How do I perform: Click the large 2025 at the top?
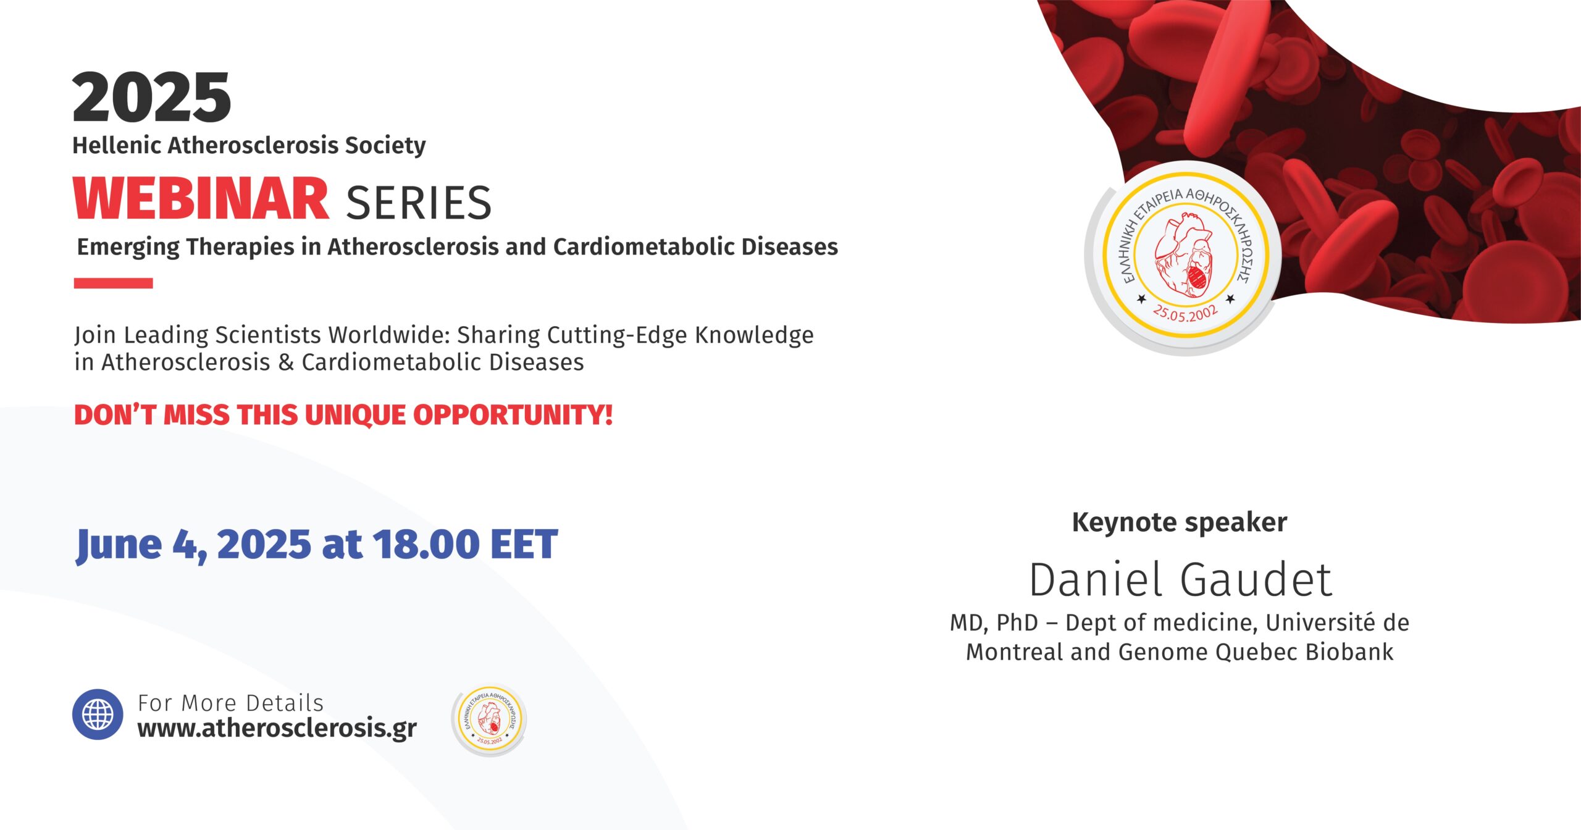152,97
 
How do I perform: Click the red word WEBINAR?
201,198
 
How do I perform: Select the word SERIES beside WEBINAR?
419,203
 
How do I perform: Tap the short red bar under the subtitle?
114,283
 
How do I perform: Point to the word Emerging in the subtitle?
128,247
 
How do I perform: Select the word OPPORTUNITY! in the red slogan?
513,415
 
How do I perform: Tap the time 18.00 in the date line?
426,544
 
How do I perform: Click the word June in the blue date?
119,545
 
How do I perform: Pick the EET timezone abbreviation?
524,544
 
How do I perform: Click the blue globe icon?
98,715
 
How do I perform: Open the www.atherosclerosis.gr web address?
277,728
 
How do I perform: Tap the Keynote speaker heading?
1180,522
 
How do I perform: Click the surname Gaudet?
1256,580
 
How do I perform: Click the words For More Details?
230,703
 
